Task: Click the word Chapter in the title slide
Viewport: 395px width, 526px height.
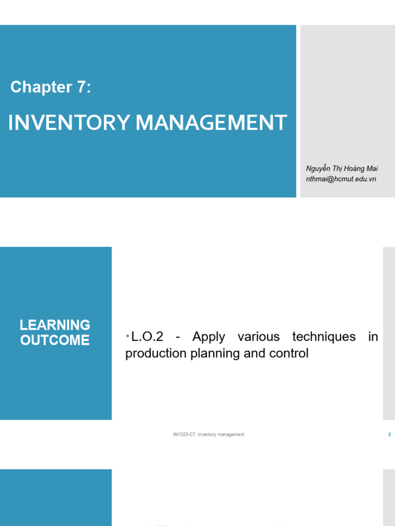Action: coord(41,87)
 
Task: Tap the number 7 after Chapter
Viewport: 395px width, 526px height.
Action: coord(82,87)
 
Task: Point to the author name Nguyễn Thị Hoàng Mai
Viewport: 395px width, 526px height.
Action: coord(342,169)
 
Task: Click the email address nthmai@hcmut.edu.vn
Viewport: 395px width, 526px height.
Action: coord(341,179)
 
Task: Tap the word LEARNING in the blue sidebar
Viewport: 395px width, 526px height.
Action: coord(55,325)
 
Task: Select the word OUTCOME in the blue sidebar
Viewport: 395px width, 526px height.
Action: coord(55,340)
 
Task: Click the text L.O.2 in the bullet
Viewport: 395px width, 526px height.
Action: coord(148,337)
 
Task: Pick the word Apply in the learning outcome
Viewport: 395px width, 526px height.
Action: coord(208,337)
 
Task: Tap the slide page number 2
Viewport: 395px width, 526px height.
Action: coord(389,435)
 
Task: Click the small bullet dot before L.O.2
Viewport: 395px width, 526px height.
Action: coord(128,335)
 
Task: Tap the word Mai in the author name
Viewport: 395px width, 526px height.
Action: coord(372,169)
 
